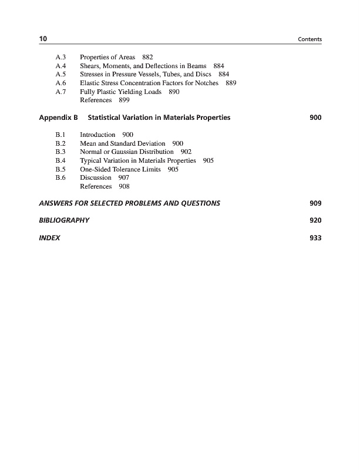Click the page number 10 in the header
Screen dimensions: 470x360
[x=43, y=39]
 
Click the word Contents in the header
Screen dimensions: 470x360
[x=311, y=39]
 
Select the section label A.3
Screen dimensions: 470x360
[x=60, y=57]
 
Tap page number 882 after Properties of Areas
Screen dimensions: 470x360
[x=148, y=57]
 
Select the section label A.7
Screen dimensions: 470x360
[x=60, y=92]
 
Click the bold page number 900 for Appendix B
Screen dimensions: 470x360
[x=315, y=118]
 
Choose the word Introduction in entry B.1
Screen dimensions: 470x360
[x=97, y=135]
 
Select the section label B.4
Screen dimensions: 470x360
[x=60, y=160]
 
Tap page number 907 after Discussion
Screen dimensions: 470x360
[x=124, y=177]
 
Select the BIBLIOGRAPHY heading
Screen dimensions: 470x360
[x=64, y=221]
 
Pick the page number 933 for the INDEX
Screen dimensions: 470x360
[x=315, y=239]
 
